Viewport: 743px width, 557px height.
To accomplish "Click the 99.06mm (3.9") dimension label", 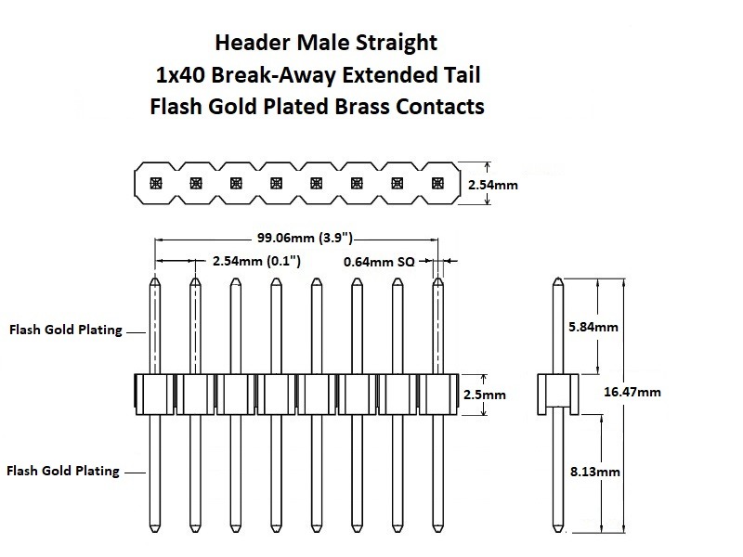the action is [305, 238].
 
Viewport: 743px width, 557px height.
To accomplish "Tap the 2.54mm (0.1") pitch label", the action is [256, 261].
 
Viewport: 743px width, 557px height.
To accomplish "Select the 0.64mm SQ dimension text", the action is [379, 262].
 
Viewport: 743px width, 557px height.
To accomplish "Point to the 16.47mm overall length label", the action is [632, 392].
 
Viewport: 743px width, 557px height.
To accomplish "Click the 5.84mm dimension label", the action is [593, 327].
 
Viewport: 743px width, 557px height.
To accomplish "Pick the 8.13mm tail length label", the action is [595, 472].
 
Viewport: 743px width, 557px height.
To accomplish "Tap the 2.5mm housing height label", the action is [484, 395].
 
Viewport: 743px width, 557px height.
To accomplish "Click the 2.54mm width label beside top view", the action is [493, 185].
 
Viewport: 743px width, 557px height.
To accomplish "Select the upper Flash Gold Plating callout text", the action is [66, 330].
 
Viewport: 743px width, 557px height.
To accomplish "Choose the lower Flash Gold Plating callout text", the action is [63, 471].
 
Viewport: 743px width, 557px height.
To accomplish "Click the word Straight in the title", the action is [397, 43].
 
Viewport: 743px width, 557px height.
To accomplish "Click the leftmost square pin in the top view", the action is [156, 183].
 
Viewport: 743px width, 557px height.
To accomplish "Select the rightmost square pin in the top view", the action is [437, 183].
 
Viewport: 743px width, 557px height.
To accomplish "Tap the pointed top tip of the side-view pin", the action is [558, 278].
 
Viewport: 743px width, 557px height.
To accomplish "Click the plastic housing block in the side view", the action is [558, 394].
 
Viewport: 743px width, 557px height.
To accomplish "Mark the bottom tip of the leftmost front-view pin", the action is [155, 532].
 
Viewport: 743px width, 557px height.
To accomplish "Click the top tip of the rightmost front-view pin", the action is [438, 278].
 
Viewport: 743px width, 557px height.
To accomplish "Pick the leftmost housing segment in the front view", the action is [154, 394].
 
